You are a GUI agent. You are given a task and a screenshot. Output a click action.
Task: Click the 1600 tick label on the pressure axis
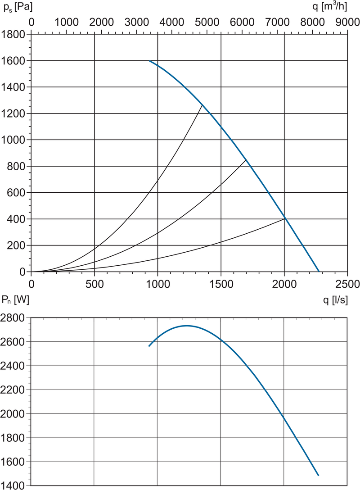tap(13, 61)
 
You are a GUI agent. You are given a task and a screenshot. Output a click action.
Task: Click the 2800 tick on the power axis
tap(13, 318)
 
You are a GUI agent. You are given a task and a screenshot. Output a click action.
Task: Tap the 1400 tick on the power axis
tap(13, 485)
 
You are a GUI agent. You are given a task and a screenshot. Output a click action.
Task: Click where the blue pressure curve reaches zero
tap(319, 272)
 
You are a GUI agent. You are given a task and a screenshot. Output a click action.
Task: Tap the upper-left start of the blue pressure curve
tap(149, 61)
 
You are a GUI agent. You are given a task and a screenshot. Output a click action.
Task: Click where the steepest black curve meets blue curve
tap(202, 105)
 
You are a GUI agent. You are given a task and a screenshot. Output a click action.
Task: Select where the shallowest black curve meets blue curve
tap(284, 218)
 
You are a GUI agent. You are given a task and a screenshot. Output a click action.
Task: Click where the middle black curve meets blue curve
tap(246, 160)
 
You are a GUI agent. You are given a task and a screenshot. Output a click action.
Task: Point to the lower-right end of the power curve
tap(319, 475)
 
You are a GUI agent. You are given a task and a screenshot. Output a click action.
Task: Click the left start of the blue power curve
tap(149, 346)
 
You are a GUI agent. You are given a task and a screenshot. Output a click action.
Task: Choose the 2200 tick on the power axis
tap(13, 390)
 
